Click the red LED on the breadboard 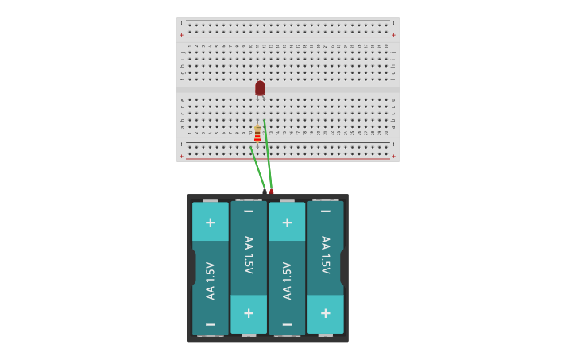tap(260, 87)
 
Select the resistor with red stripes tap(257, 134)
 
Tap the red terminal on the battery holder tap(272, 192)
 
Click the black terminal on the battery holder tap(265, 192)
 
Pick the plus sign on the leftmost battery tap(210, 223)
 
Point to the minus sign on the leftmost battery tap(210, 324)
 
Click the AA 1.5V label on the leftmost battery tap(210, 281)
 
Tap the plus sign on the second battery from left tap(249, 313)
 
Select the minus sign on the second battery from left tap(249, 211)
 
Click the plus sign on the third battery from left tap(287, 223)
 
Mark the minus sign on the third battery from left tap(287, 324)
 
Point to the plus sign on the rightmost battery tap(325, 313)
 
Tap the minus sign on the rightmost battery tap(325, 211)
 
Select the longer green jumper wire tap(268, 155)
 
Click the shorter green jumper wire tap(257, 168)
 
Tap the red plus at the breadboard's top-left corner tap(181, 35)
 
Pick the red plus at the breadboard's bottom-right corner tap(393, 156)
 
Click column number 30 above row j tap(386, 46)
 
